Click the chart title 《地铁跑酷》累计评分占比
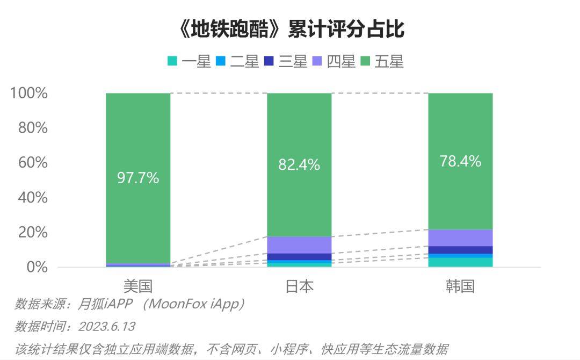click(x=290, y=30)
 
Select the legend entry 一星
click(x=190, y=62)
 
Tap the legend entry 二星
click(x=238, y=62)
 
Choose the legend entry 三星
click(x=286, y=62)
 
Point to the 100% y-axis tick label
click(x=29, y=93)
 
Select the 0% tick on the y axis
click(x=37, y=267)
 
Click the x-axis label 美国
click(x=138, y=285)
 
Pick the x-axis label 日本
click(x=299, y=285)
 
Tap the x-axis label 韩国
click(x=460, y=285)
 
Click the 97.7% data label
click(x=138, y=178)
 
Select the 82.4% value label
click(x=299, y=164)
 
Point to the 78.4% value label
click(x=460, y=161)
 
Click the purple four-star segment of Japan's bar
click(x=299, y=244)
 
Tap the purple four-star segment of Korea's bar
click(x=460, y=237)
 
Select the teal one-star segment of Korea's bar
click(x=460, y=262)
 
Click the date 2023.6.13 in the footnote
click(x=106, y=327)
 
